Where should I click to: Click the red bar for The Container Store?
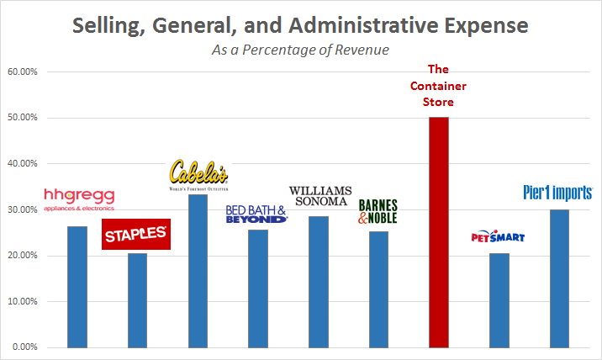(x=438, y=232)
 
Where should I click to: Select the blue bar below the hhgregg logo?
(x=77, y=287)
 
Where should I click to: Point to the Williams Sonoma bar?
(x=318, y=282)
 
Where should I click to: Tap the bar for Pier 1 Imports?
(x=558, y=278)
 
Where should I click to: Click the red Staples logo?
(x=136, y=235)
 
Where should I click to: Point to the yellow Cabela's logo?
(x=198, y=173)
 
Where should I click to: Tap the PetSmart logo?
(x=498, y=237)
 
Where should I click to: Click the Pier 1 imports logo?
(x=558, y=193)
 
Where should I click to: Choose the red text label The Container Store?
(x=438, y=86)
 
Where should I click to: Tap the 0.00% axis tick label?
(x=24, y=347)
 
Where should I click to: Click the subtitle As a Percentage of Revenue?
(x=300, y=50)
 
